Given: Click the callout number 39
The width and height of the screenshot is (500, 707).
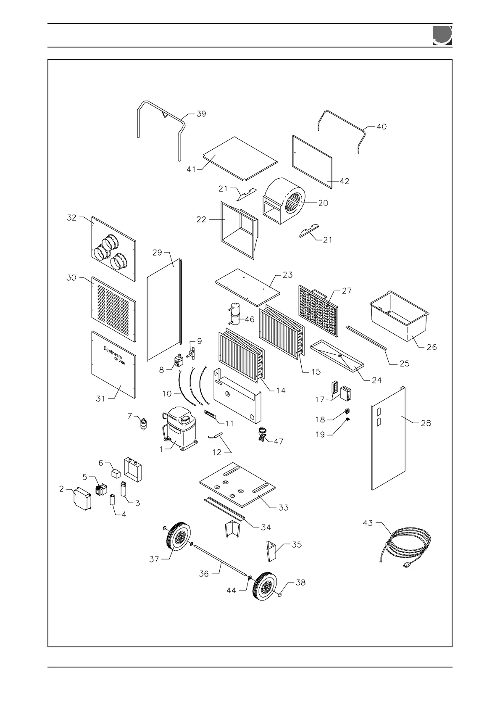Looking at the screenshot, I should click(201, 114).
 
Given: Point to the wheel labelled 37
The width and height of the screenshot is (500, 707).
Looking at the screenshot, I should click(179, 539).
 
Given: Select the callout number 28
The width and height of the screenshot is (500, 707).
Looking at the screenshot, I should click(426, 423).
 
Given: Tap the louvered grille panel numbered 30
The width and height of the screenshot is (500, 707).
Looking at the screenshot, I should click(113, 306).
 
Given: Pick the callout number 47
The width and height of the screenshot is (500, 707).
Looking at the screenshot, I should click(278, 441).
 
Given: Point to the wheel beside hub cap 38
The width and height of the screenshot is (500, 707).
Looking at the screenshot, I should click(264, 586).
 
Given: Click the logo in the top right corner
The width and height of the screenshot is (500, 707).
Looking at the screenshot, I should click(442, 35).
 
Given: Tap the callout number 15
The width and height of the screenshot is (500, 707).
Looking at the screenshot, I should click(316, 372).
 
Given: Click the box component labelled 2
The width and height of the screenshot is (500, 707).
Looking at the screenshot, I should click(83, 499).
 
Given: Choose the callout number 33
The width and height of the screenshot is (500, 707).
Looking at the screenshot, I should click(284, 507).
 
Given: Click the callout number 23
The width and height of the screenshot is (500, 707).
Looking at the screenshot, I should click(287, 276).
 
